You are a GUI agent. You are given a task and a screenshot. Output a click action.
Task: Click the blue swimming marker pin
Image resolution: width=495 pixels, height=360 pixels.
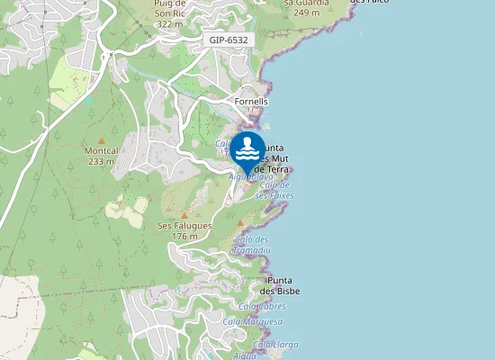pyautogui.click(x=247, y=149)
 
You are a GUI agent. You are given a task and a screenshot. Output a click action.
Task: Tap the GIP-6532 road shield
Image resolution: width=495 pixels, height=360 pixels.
pyautogui.click(x=229, y=40)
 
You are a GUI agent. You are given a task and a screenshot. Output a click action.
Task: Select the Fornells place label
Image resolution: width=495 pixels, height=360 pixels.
pyautogui.click(x=251, y=102)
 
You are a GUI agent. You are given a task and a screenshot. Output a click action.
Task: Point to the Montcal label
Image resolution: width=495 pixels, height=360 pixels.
pyautogui.click(x=106, y=151)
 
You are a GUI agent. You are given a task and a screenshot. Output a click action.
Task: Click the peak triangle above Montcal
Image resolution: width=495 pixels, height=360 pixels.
pyautogui.click(x=102, y=140)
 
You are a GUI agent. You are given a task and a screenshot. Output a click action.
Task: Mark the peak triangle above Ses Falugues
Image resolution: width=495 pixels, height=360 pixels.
pyautogui.click(x=184, y=214)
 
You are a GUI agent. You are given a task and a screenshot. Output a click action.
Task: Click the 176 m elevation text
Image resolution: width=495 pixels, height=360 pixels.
pyautogui.click(x=184, y=236)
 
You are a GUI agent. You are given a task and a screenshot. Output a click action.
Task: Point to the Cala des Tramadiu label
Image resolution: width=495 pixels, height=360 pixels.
pyautogui.click(x=251, y=245)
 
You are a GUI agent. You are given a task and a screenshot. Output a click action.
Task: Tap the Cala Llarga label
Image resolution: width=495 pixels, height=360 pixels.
pyautogui.click(x=275, y=344)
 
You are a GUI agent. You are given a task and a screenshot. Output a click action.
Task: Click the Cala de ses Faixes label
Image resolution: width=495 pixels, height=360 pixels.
pyautogui.click(x=275, y=190)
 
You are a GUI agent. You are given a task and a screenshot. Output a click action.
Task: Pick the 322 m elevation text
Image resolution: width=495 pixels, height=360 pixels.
pyautogui.click(x=170, y=24)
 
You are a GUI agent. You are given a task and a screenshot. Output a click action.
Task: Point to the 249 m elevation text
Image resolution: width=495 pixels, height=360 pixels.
pyautogui.click(x=306, y=13)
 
